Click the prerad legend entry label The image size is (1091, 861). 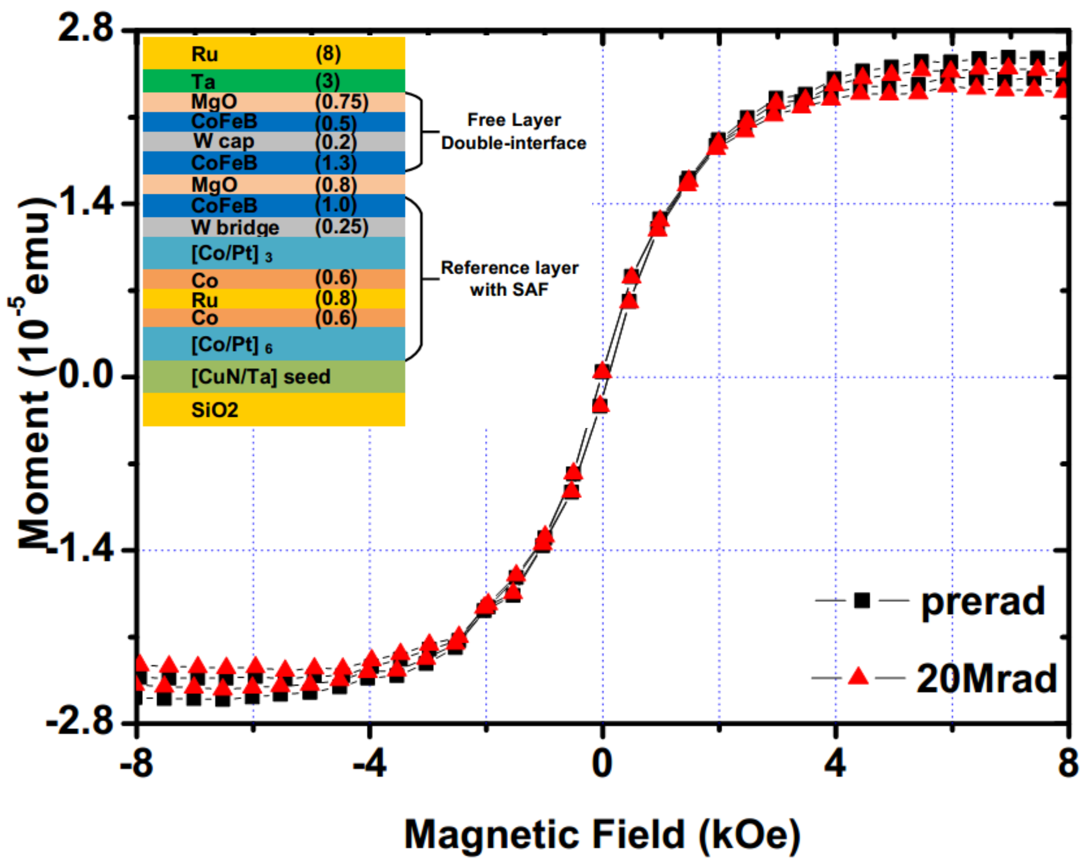(x=983, y=601)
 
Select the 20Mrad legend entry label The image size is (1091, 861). (x=986, y=678)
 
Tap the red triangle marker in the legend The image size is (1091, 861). (x=858, y=676)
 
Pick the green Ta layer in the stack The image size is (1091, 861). (x=274, y=81)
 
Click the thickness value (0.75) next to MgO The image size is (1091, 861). (x=342, y=102)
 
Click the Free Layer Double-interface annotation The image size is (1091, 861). (x=514, y=132)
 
